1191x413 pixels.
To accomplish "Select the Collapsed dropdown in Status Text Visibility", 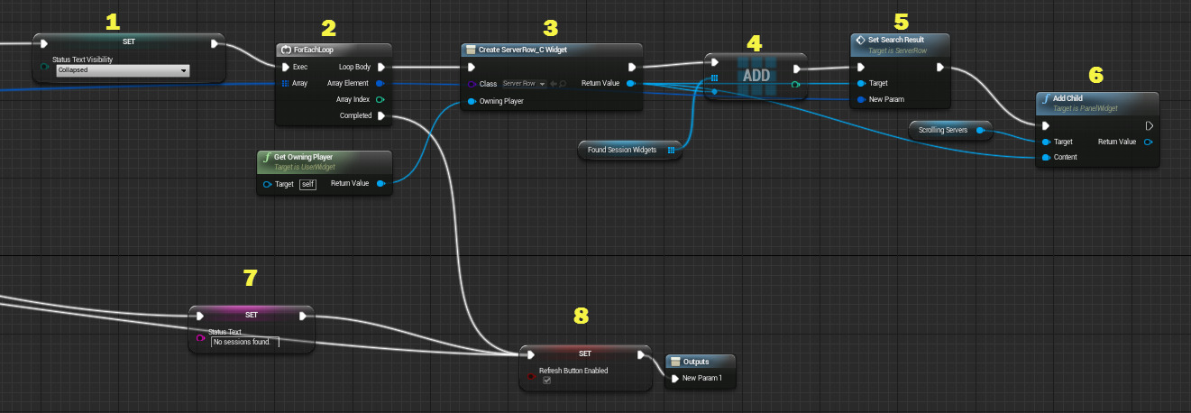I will click(x=123, y=70).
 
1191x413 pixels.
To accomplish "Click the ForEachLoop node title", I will click(x=314, y=50).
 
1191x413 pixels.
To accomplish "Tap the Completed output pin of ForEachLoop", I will click(x=380, y=115).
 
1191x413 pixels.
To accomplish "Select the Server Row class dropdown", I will click(x=523, y=83).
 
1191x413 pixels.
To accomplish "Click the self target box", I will click(x=308, y=184).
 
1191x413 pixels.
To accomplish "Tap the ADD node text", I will click(x=756, y=76).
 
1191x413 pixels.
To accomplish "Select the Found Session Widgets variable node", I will click(x=622, y=150).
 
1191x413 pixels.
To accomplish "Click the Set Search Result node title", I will click(x=896, y=40).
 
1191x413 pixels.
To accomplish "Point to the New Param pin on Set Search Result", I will click(x=886, y=99).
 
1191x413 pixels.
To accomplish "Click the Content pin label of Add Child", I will click(x=1066, y=157).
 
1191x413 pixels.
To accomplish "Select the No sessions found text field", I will click(x=244, y=342).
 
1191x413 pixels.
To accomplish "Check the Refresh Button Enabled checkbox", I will click(x=546, y=381).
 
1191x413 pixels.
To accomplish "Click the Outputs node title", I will click(x=696, y=362).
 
